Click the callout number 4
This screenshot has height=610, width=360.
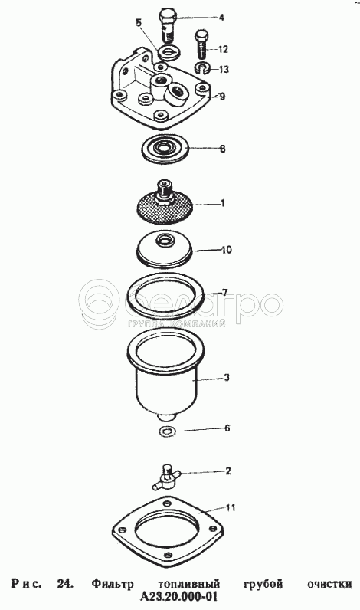click(221, 17)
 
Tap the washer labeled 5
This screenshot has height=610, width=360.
click(169, 53)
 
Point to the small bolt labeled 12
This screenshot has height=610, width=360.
click(201, 43)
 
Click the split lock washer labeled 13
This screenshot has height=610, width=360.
click(201, 67)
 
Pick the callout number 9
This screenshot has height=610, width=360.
click(222, 96)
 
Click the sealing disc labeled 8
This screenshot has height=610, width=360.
click(165, 148)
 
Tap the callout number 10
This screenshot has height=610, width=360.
click(227, 249)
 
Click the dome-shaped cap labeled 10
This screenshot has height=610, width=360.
click(165, 250)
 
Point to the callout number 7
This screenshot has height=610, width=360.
click(224, 292)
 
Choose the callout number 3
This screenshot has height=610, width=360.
click(226, 377)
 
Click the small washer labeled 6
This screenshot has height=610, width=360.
click(168, 431)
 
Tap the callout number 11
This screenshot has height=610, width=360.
click(231, 507)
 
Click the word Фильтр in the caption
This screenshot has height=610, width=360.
click(113, 584)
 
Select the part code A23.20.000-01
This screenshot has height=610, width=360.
click(178, 597)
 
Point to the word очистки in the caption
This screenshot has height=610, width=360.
click(329, 585)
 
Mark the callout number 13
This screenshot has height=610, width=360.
click(224, 69)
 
